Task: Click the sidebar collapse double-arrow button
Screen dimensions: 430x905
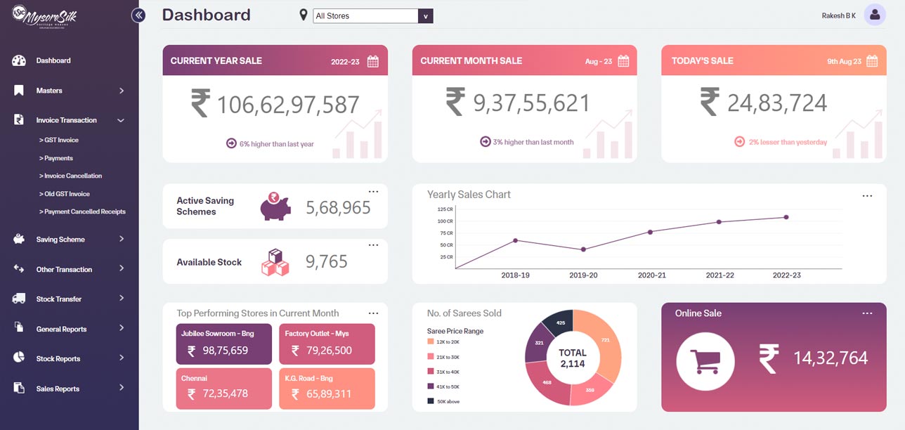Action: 138,15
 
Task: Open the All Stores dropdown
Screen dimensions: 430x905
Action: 372,16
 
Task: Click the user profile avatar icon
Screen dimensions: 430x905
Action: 875,15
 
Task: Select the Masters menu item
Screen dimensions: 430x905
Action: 49,91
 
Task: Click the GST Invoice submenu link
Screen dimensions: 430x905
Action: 60,140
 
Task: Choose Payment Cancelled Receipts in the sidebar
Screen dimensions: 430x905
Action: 84,211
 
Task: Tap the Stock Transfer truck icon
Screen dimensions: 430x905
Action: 19,299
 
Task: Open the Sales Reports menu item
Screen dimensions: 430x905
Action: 58,389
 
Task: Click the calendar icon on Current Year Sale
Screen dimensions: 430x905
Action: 373,61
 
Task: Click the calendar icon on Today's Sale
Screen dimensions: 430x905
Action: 872,61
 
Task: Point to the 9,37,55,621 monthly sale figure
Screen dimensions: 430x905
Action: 531,104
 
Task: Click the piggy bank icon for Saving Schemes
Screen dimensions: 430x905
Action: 275,206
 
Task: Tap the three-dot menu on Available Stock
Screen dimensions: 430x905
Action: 373,245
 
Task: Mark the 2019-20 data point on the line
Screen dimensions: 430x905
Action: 583,249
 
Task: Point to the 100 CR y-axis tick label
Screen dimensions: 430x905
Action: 445,221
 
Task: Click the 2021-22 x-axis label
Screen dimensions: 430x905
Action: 720,275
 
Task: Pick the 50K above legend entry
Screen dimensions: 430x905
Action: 447,401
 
